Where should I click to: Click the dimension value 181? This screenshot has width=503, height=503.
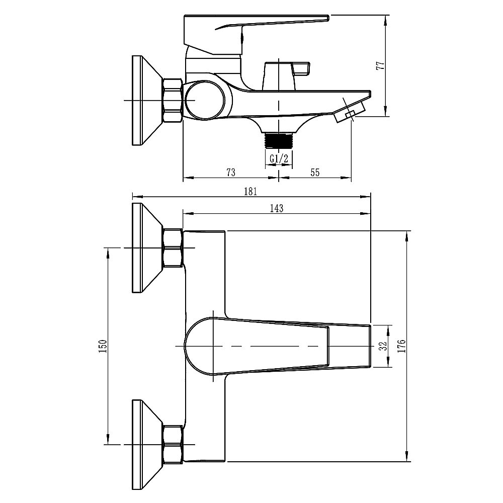250,192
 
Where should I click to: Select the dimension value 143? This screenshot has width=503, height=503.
277,209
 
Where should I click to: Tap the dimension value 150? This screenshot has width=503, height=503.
103,346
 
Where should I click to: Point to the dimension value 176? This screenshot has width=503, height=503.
401,346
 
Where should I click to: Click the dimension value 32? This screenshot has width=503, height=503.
383,346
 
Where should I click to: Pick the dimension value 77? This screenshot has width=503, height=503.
380,65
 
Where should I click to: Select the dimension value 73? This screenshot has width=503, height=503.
231,172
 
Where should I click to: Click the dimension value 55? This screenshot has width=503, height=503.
315,172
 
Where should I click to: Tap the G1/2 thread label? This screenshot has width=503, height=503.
279,158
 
